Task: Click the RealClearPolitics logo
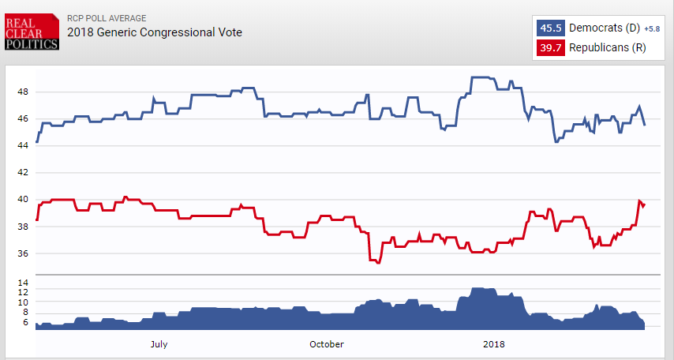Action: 32,32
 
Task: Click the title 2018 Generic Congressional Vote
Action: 155,32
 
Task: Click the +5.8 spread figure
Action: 652,28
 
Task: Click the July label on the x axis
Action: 158,343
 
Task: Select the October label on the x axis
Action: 327,343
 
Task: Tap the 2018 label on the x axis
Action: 494,343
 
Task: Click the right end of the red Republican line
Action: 645,204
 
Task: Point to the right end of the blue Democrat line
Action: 645,125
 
